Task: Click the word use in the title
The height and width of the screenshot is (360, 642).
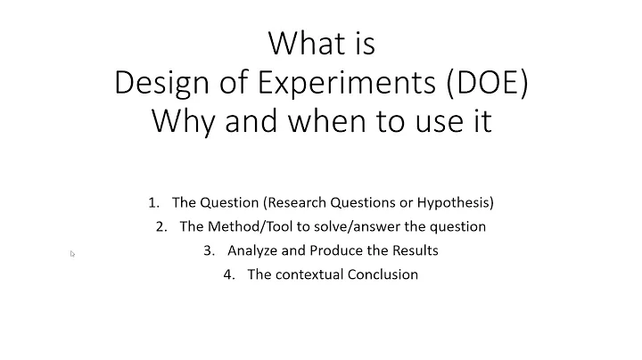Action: [x=435, y=120]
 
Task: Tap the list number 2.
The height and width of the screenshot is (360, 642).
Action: [x=160, y=226]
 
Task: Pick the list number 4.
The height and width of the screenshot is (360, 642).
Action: [x=229, y=274]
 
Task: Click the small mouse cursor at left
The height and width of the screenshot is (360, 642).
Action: [x=72, y=254]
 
